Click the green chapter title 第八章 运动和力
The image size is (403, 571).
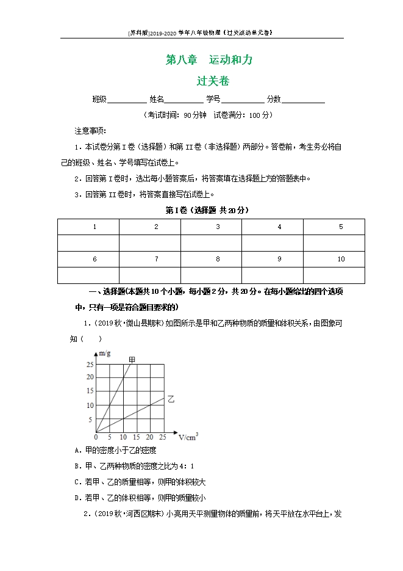tap(209, 60)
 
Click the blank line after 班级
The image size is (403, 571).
tap(127, 100)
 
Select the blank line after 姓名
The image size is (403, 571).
tap(184, 100)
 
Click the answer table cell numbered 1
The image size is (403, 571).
tap(95, 227)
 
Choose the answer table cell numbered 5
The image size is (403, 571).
tap(340, 227)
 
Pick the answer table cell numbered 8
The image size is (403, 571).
tap(218, 260)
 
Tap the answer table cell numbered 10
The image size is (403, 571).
tap(340, 260)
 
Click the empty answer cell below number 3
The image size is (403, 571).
tap(218, 243)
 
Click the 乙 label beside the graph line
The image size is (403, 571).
tap(171, 399)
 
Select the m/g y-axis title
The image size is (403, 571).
tap(104, 354)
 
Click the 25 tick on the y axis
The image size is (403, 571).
tap(90, 365)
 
